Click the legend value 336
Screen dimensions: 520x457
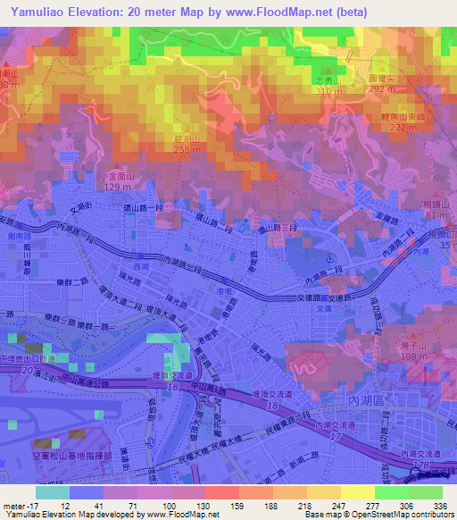[x=442, y=505]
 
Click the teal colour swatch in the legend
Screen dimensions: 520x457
[x=53, y=492]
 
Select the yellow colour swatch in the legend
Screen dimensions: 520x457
[x=358, y=492]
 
